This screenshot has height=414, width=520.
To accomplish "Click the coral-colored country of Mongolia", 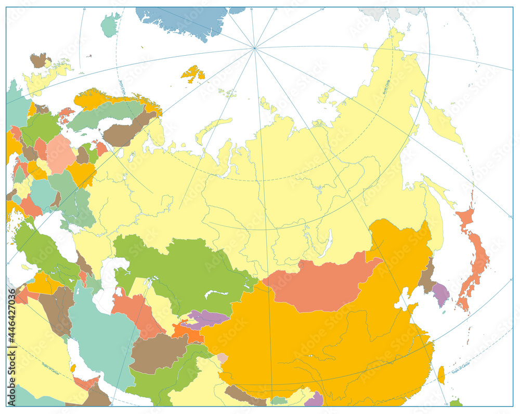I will (320, 284).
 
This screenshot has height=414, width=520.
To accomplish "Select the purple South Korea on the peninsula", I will (441, 294).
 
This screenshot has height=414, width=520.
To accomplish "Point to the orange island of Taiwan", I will (441, 374).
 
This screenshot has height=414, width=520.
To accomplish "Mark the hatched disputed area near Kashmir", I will (222, 358).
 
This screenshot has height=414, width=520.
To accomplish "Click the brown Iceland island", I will (39, 60).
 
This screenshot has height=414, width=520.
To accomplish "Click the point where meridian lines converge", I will (254, 48).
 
